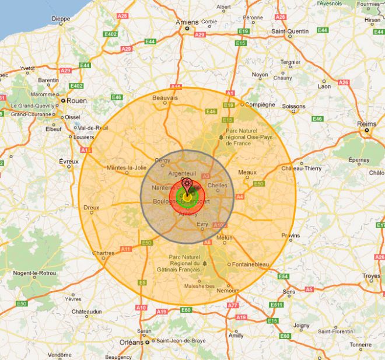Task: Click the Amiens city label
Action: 187,22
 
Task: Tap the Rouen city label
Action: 76,100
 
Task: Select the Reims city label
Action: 366,124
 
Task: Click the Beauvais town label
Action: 165,98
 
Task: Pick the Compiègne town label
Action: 260,105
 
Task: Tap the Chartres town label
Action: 103,253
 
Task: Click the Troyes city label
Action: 371,276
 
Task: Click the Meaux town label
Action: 247,172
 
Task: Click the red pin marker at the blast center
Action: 187,184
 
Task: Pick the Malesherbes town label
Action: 198,286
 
